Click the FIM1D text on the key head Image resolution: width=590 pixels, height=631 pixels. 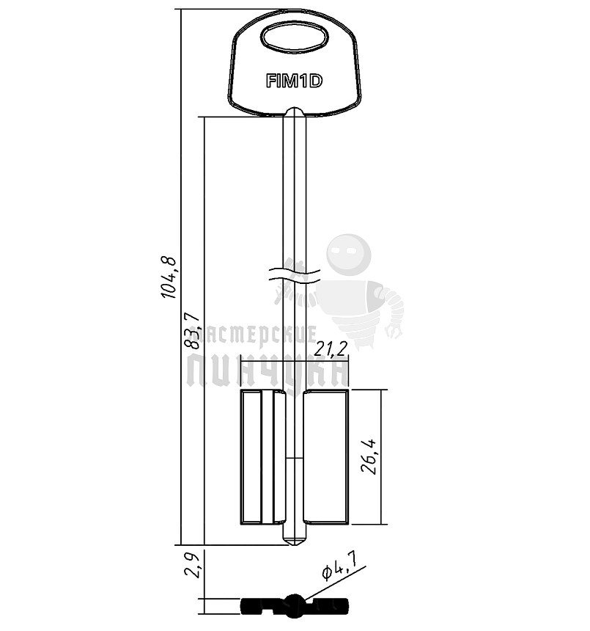pos(294,81)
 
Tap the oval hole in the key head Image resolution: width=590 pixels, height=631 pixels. pos(295,37)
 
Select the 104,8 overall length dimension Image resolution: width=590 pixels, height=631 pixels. pos(169,277)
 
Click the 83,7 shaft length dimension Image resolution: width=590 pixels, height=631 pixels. pos(192,330)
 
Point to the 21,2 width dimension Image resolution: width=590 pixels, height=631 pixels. pos(331,349)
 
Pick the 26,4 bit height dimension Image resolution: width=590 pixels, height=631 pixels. pos(369,456)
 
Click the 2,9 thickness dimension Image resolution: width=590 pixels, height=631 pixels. pos(192,565)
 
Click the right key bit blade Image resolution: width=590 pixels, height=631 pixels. pos(325,457)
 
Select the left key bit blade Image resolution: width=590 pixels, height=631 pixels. pos(263,457)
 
